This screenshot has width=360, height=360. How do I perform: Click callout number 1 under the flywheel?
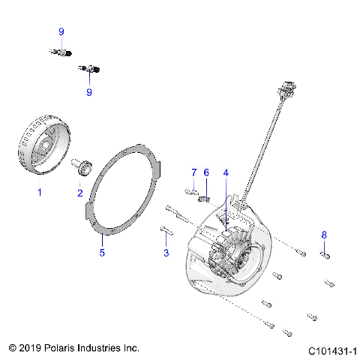pos(40,192)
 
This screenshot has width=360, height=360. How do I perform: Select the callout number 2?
pos(80,192)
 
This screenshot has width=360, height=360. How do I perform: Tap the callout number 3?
pos(166,253)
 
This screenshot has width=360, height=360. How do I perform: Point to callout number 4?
pos(225,172)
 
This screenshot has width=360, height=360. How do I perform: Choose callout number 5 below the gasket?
pos(102,252)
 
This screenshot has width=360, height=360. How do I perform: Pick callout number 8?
pos(324,235)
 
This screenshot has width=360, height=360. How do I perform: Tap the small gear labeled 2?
pos(82,166)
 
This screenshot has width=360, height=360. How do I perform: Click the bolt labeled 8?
pos(325,256)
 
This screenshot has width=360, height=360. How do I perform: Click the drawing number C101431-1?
pos(331,350)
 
